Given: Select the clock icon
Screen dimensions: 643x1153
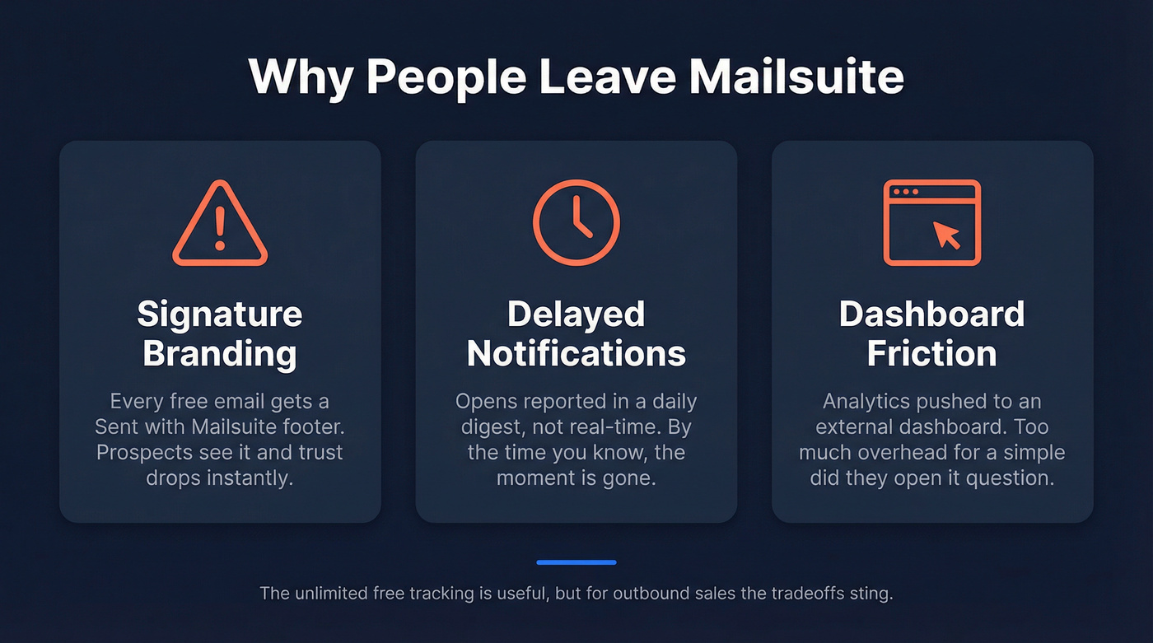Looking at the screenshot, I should click(576, 222).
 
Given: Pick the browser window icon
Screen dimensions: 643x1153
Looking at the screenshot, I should click(931, 222).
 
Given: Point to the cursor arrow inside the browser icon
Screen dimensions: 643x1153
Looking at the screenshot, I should click(947, 235).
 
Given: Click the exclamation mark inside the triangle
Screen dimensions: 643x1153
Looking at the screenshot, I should click(220, 230).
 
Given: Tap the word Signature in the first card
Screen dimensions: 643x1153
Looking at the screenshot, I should click(220, 314).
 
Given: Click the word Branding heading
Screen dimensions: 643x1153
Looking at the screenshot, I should click(220, 354).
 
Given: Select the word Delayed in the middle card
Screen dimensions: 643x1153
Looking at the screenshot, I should click(576, 314).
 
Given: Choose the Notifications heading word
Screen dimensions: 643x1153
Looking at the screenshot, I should click(576, 354).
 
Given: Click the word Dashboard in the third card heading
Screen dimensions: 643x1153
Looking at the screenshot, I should click(931, 314).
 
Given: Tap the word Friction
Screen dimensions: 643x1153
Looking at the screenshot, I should click(931, 354).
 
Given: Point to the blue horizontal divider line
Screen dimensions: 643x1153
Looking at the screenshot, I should click(576, 562).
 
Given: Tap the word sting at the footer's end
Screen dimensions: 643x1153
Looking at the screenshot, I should click(873, 594).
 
